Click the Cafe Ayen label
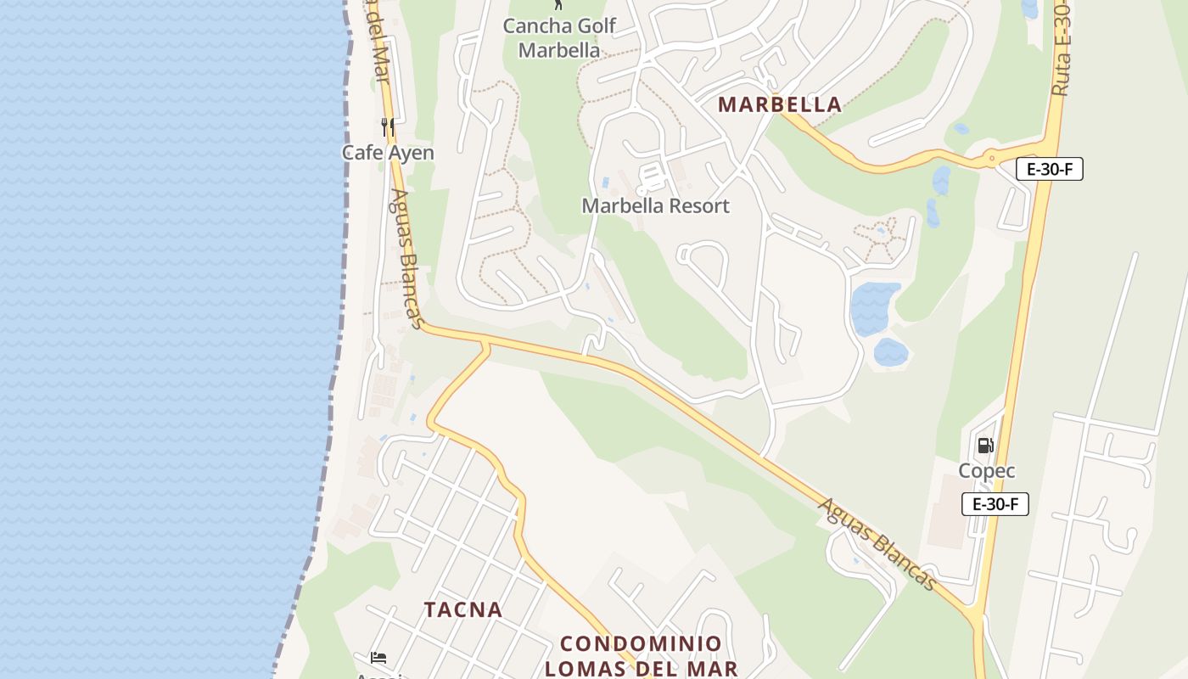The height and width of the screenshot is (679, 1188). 388,153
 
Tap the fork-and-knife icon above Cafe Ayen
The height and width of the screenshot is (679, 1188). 388,127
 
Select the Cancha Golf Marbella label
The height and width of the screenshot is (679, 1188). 559,37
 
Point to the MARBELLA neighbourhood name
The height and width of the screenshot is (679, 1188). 780,104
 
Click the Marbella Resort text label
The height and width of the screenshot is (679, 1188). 655,205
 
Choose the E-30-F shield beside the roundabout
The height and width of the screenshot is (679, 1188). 1050,169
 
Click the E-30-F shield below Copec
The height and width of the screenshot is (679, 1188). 995,504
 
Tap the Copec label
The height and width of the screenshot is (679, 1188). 987,471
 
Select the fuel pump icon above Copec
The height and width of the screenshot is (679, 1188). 985,446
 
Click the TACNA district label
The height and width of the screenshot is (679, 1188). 463,609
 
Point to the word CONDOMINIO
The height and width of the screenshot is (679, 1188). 641,643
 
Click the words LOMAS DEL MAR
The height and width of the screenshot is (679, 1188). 641,669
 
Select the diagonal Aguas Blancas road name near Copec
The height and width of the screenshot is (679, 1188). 877,544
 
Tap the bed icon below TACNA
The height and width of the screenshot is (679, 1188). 378,658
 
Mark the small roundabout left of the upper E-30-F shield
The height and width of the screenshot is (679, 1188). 991,158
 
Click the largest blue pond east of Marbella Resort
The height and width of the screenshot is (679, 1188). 874,308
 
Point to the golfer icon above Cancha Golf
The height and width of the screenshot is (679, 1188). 558,4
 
